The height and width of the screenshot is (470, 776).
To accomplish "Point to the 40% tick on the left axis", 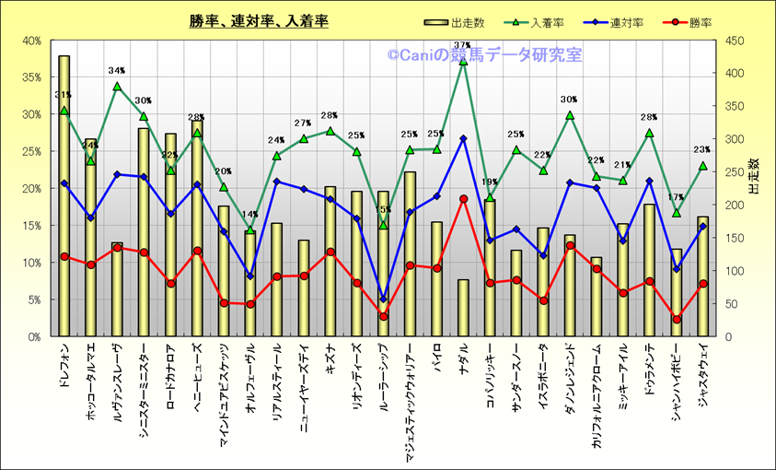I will (x=31, y=41).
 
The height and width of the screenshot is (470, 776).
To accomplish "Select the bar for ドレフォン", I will (x=64, y=194).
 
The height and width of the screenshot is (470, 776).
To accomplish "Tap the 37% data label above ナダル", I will (x=462, y=45).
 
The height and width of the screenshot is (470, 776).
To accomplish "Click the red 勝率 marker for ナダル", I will (x=463, y=199).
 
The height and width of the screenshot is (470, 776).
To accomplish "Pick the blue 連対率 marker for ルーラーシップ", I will (x=383, y=299).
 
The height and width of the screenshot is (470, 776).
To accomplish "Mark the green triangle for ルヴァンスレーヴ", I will (x=117, y=87).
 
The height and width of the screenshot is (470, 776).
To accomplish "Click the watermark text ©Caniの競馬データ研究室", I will (x=484, y=55).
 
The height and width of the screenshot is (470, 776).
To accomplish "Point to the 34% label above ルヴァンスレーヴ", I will (x=117, y=70).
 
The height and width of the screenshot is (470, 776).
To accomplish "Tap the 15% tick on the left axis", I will (x=31, y=226).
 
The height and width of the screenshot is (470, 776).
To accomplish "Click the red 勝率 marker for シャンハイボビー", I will (x=676, y=320).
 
